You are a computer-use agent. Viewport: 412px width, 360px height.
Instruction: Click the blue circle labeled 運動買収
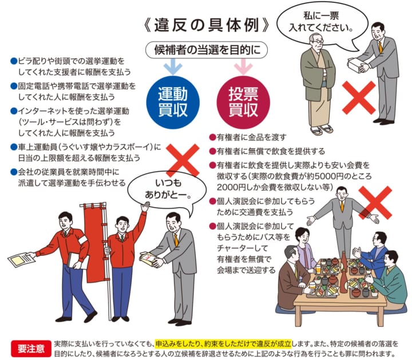pyautogui.click(x=173, y=102)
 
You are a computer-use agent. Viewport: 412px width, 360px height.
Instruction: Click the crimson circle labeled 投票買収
pyautogui.click(x=243, y=102)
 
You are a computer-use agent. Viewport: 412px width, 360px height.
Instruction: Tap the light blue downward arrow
pyautogui.click(x=173, y=66)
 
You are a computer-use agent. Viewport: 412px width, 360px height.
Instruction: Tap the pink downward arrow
pyautogui.click(x=243, y=66)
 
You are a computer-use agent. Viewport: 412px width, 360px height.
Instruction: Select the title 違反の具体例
pyautogui.click(x=207, y=25)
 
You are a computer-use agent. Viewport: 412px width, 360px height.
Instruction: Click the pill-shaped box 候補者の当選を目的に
pyautogui.click(x=207, y=50)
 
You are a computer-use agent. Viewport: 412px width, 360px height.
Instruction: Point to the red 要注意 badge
pyautogui.click(x=31, y=349)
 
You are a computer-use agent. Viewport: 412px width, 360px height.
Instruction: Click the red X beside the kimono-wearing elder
pyautogui.click(x=359, y=97)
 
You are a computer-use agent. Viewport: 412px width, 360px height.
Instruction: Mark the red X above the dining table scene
pyautogui.click(x=375, y=203)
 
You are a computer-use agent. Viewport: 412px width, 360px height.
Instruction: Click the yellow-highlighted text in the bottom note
pyautogui.click(x=223, y=343)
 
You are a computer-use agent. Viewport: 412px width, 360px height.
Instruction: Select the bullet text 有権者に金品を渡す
pyautogui.click(x=251, y=137)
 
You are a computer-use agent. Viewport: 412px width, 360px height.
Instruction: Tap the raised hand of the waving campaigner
pyautogui.click(x=145, y=206)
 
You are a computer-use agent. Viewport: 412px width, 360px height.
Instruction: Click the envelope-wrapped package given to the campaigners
pyautogui.click(x=149, y=258)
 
